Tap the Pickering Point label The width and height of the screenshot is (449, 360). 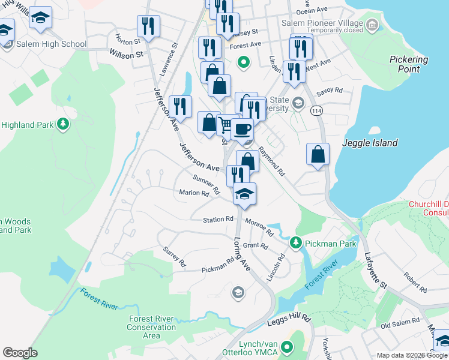(x=409, y=64)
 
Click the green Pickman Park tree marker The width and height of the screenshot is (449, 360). (x=295, y=243)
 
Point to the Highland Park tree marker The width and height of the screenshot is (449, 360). (x=62, y=125)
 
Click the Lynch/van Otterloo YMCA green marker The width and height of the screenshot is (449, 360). (x=287, y=347)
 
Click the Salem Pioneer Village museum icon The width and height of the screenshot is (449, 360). (x=373, y=25)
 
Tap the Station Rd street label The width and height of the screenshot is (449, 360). (x=217, y=220)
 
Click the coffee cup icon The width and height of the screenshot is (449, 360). (x=242, y=129)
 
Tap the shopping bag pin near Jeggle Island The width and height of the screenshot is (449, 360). (x=318, y=154)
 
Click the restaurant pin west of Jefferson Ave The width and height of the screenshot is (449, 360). (x=179, y=106)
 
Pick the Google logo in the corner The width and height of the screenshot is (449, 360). (x=20, y=353)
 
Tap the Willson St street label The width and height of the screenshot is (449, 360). (x=126, y=54)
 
